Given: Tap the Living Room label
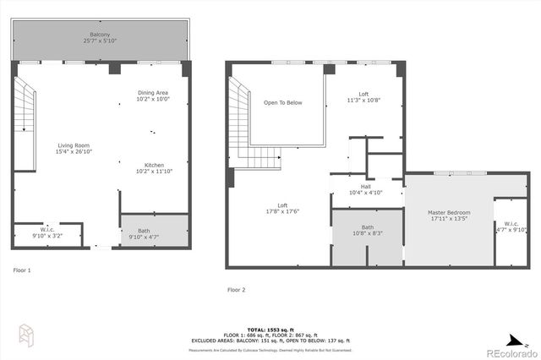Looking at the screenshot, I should coord(74,149).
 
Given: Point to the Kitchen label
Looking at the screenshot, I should coord(154,167).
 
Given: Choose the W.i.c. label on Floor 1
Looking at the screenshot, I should coord(47,232).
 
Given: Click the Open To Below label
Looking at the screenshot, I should coord(282,103).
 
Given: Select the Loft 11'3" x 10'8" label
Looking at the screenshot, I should coord(363,97).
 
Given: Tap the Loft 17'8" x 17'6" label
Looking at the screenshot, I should coord(282,208).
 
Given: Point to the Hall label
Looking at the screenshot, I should coord(365,189).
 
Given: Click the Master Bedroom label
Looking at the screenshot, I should coord(450,215).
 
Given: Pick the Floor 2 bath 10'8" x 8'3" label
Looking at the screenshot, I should coord(367,230).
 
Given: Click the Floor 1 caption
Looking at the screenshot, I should coord(22,270).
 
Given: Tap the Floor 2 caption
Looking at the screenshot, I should coord(236,290).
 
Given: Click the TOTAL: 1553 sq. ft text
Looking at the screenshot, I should coord(270,329).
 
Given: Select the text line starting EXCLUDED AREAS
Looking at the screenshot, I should coord(270,340).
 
